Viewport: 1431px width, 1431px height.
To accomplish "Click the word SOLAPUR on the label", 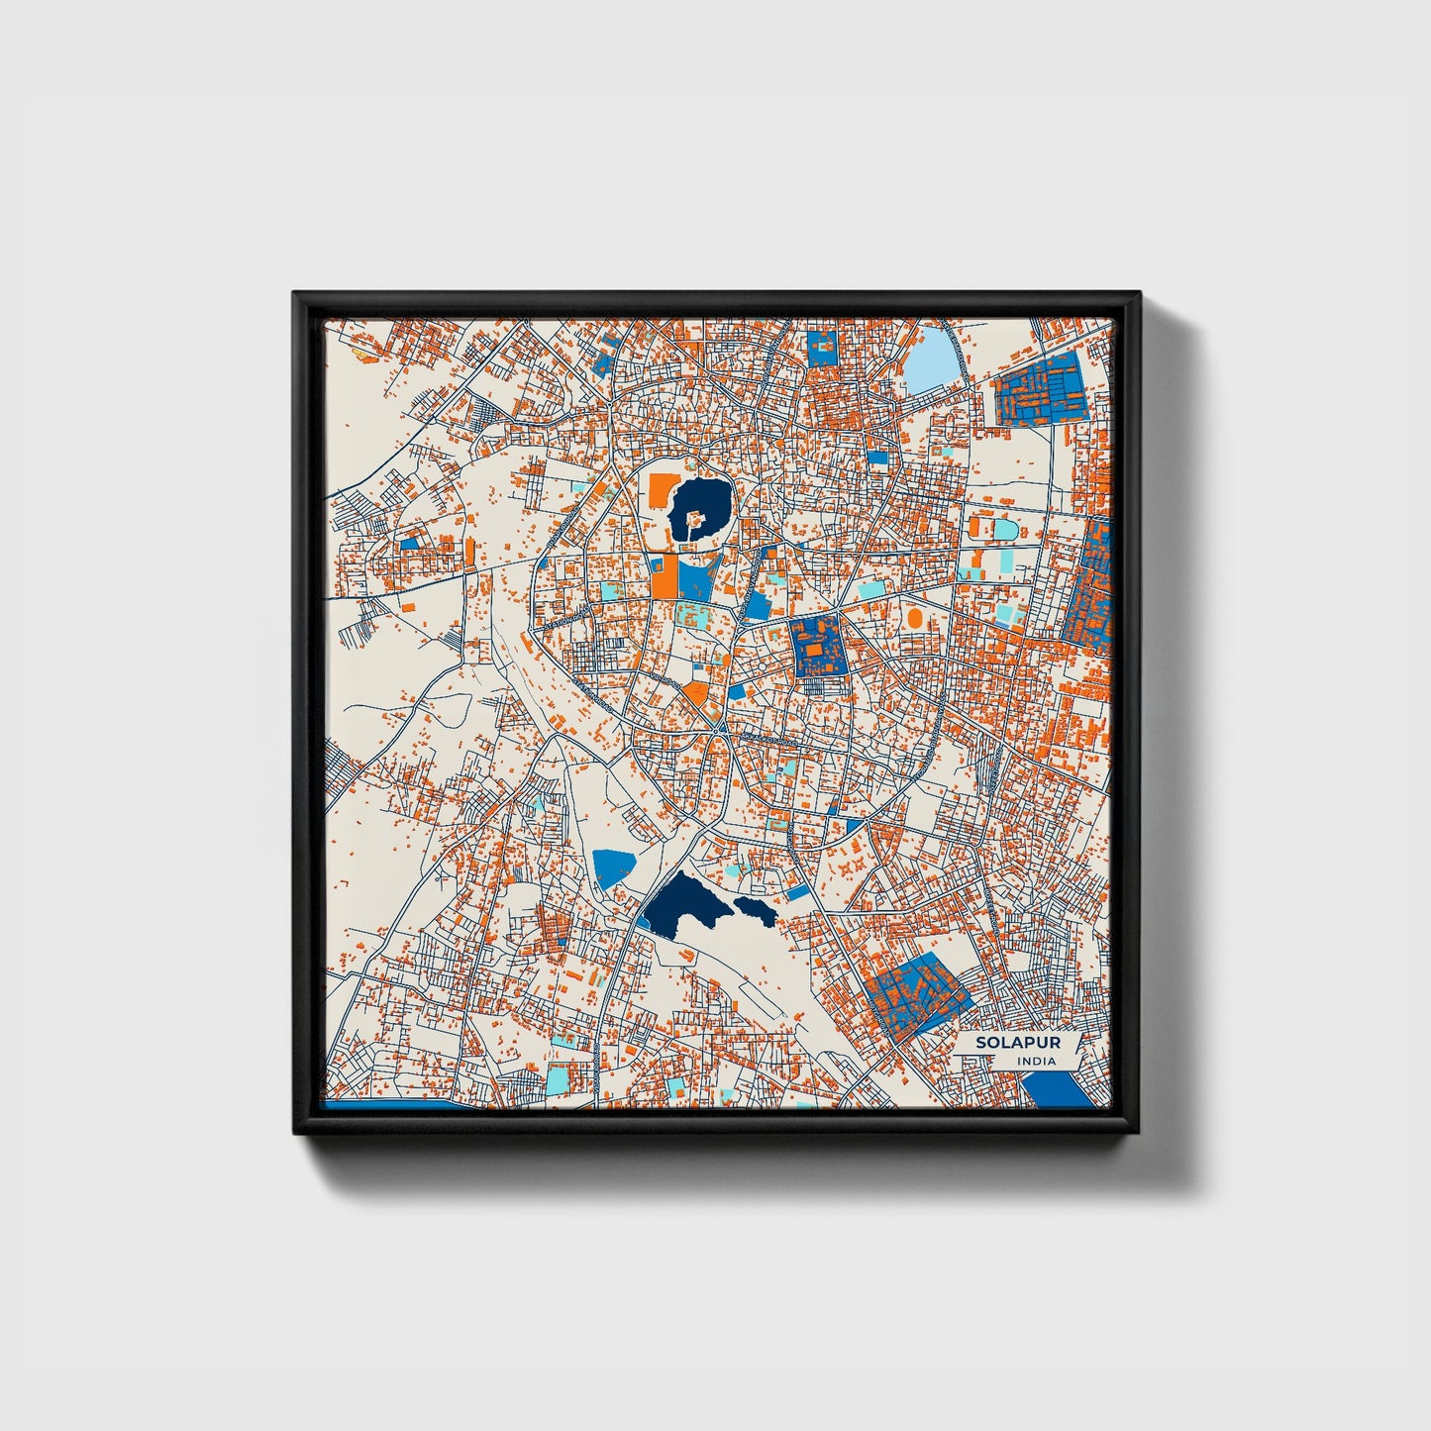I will (1003, 1043).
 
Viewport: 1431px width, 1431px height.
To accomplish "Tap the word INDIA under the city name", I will (1036, 1061).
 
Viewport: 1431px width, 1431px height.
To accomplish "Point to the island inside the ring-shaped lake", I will (695, 516).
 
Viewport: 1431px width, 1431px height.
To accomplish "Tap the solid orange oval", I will (913, 618).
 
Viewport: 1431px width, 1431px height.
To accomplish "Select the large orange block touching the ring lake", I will (661, 488).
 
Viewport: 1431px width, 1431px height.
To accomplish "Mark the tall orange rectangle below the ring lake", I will (664, 576).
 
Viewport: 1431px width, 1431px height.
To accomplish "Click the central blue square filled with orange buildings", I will (818, 647).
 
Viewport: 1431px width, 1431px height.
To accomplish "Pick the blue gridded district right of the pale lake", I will (1041, 390).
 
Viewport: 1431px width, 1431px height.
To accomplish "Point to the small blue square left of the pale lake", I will (822, 348).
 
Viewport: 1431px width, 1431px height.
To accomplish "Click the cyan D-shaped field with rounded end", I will (1005, 530).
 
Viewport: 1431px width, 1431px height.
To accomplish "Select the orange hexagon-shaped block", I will (697, 692).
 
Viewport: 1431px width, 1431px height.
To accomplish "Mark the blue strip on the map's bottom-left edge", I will (396, 1103).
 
